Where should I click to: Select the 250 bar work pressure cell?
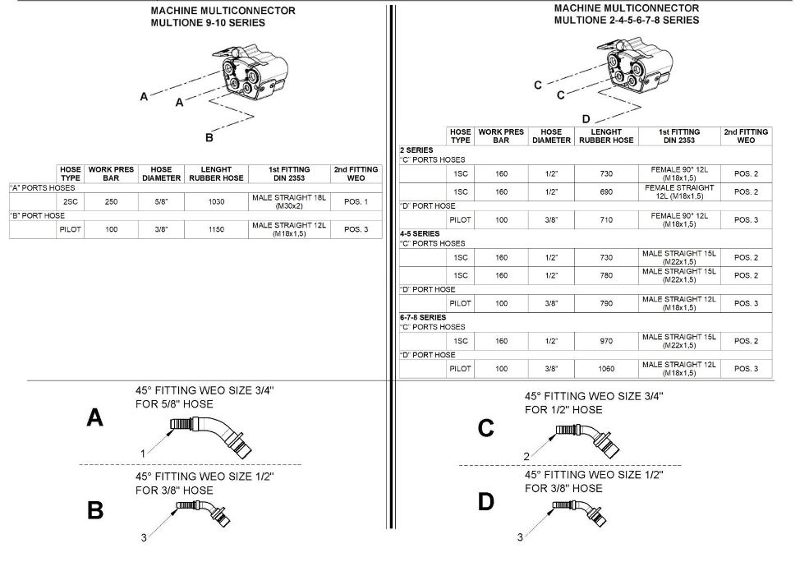pos(111,201)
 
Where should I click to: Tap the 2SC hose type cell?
pos(70,201)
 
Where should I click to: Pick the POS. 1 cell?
pos(356,201)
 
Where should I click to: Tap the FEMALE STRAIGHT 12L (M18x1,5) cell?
pos(679,191)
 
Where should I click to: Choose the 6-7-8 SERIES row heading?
pos(422,316)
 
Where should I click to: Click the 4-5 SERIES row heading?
pos(419,233)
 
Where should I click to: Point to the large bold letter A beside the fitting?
pos(95,419)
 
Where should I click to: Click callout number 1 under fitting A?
pos(142,453)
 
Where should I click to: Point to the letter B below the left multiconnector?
pos(209,137)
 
